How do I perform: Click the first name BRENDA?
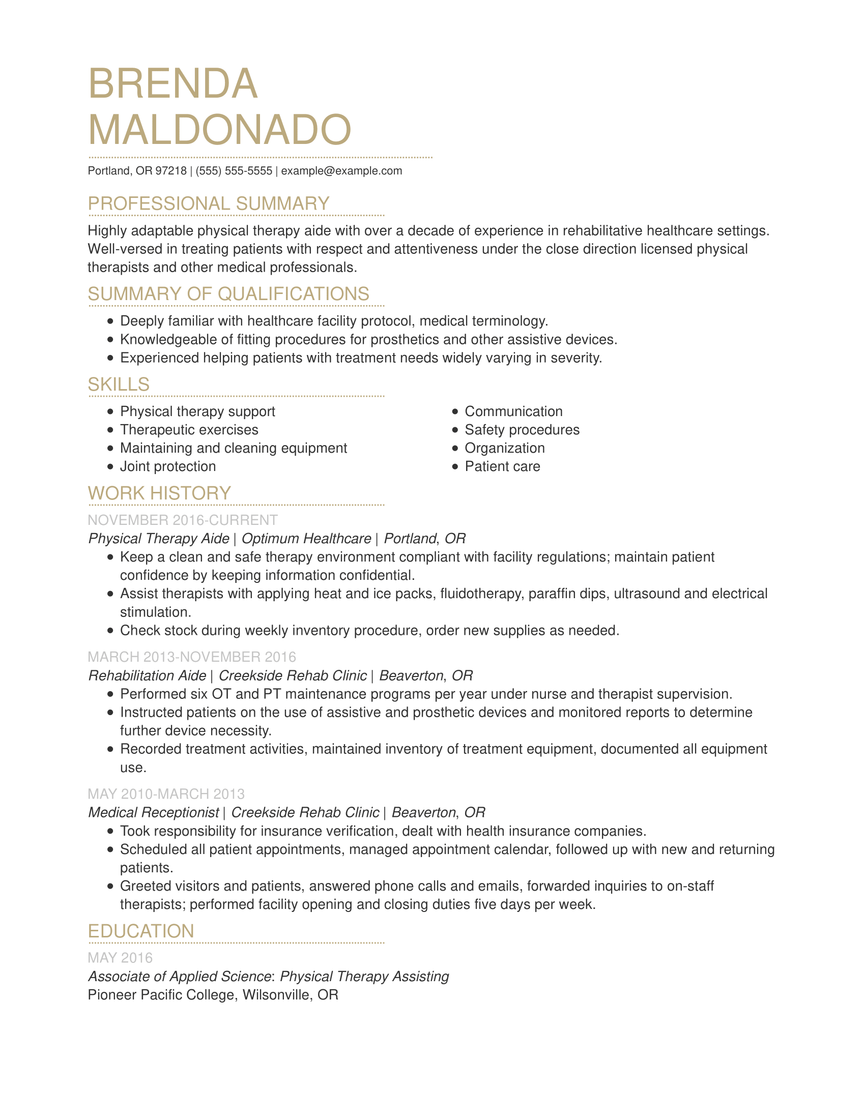click(172, 84)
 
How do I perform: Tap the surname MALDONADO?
click(219, 130)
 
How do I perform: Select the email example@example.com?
click(341, 171)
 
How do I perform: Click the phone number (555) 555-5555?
click(234, 171)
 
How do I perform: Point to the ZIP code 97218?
click(171, 171)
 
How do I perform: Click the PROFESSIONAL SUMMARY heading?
click(208, 204)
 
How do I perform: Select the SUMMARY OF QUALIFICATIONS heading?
click(228, 294)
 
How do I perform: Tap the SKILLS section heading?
click(119, 384)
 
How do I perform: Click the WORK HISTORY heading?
click(159, 493)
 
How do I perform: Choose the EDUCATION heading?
click(141, 931)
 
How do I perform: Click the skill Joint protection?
click(167, 467)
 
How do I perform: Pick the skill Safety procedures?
click(522, 430)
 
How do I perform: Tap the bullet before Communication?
click(455, 411)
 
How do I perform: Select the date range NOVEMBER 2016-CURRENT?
click(183, 520)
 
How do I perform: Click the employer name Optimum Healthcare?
click(306, 539)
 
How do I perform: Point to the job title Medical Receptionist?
click(153, 813)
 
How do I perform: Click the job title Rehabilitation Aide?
click(147, 676)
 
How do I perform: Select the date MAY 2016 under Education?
click(120, 958)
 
